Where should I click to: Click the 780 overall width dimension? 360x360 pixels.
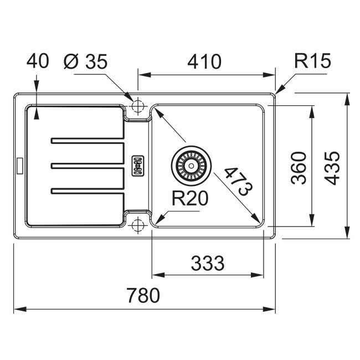pyautogui.click(x=143, y=295)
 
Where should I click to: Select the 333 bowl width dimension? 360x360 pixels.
pyautogui.click(x=208, y=263)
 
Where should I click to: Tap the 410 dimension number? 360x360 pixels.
pyautogui.click(x=204, y=61)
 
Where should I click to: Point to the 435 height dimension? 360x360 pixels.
pyautogui.click(x=332, y=168)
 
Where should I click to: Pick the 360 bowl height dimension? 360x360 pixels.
pyautogui.click(x=299, y=168)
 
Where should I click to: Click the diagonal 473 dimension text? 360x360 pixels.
pyautogui.click(x=238, y=181)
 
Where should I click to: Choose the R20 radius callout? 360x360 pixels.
pyautogui.click(x=190, y=198)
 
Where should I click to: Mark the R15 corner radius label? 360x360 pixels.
pyautogui.click(x=313, y=61)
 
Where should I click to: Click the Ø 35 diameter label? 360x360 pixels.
pyautogui.click(x=85, y=61)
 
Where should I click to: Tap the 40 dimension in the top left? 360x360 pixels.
pyautogui.click(x=38, y=61)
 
